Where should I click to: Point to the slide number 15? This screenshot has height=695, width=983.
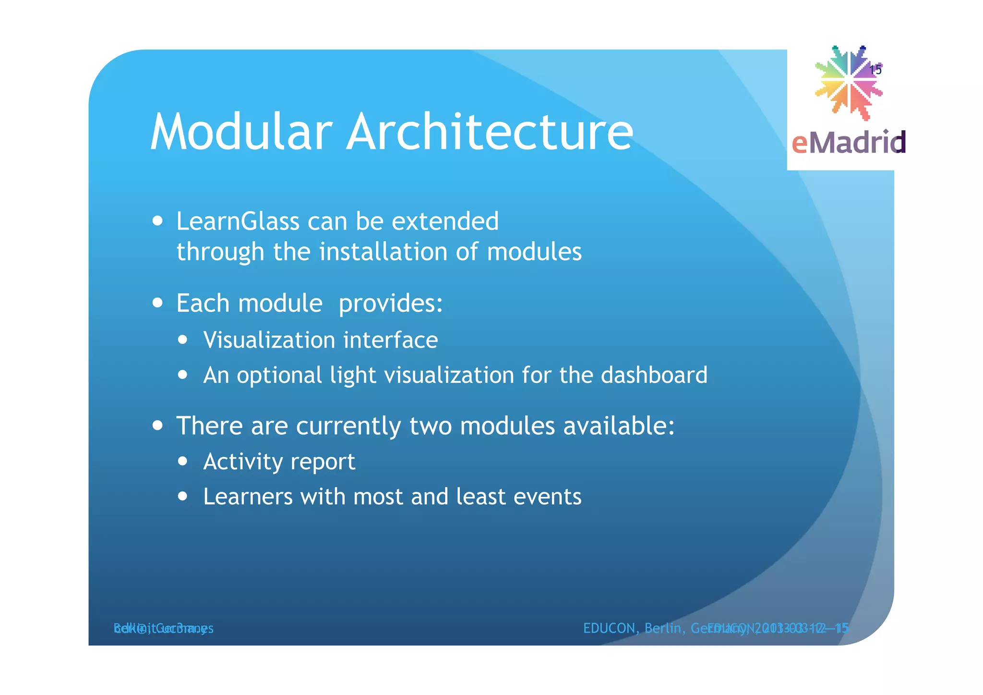[875, 70]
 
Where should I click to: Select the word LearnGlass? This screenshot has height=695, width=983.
[238, 221]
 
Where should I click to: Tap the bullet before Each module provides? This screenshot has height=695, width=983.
[157, 303]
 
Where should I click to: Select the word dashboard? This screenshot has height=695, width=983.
[654, 375]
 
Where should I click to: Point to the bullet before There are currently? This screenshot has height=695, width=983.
[157, 426]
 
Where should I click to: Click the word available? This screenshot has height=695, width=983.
[619, 426]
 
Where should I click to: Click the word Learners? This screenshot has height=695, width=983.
[248, 497]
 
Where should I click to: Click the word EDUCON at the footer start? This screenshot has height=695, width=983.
[609, 628]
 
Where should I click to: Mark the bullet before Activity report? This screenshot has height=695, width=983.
[182, 462]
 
